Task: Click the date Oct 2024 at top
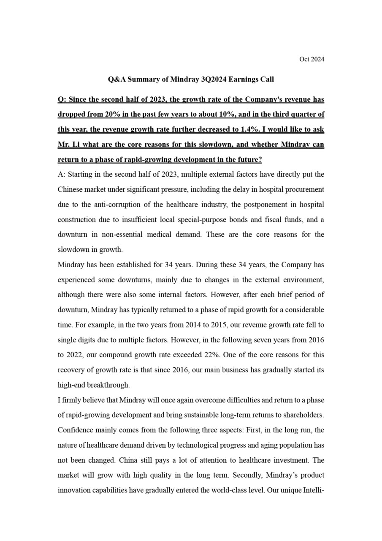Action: coord(312,59)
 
